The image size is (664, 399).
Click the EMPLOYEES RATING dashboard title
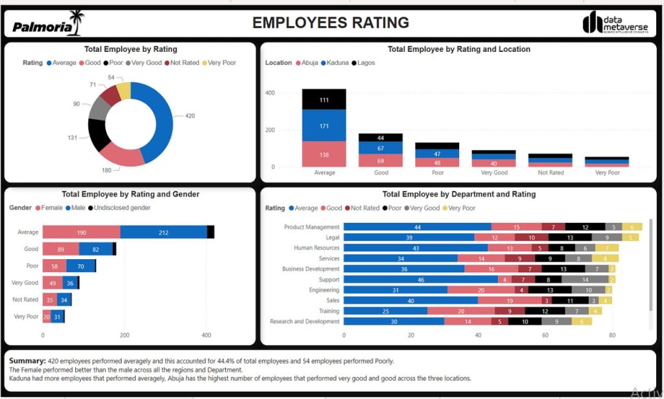pyautogui.click(x=331, y=23)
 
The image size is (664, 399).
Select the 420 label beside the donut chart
pyautogui.click(x=190, y=116)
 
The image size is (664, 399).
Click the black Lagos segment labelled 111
pyautogui.click(x=324, y=99)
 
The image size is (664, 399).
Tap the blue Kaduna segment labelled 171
pyautogui.click(x=324, y=125)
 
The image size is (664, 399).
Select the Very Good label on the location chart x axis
pyautogui.click(x=494, y=173)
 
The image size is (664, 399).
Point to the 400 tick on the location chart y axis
pyautogui.click(x=270, y=93)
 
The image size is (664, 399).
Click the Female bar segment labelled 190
pyautogui.click(x=81, y=232)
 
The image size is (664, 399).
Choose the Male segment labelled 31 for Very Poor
pyautogui.click(x=57, y=317)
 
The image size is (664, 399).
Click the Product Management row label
pyautogui.click(x=311, y=227)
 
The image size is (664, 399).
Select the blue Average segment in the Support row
pyautogui.click(x=420, y=280)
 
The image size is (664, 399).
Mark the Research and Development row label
pyautogui.click(x=304, y=322)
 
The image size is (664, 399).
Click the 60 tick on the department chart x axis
pyautogui.click(x=545, y=336)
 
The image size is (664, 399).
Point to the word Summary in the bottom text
pyautogui.click(x=27, y=361)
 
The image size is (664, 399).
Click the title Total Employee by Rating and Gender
pyautogui.click(x=130, y=194)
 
